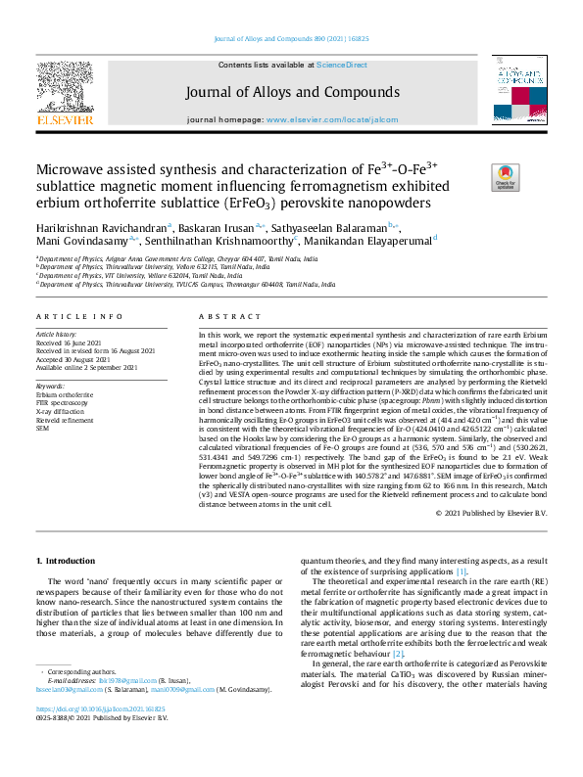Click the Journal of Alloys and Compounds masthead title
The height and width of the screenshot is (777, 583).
290,92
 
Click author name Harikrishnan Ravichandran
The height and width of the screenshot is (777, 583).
98,226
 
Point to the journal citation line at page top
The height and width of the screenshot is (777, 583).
290,39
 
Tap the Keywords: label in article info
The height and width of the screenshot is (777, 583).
49,386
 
